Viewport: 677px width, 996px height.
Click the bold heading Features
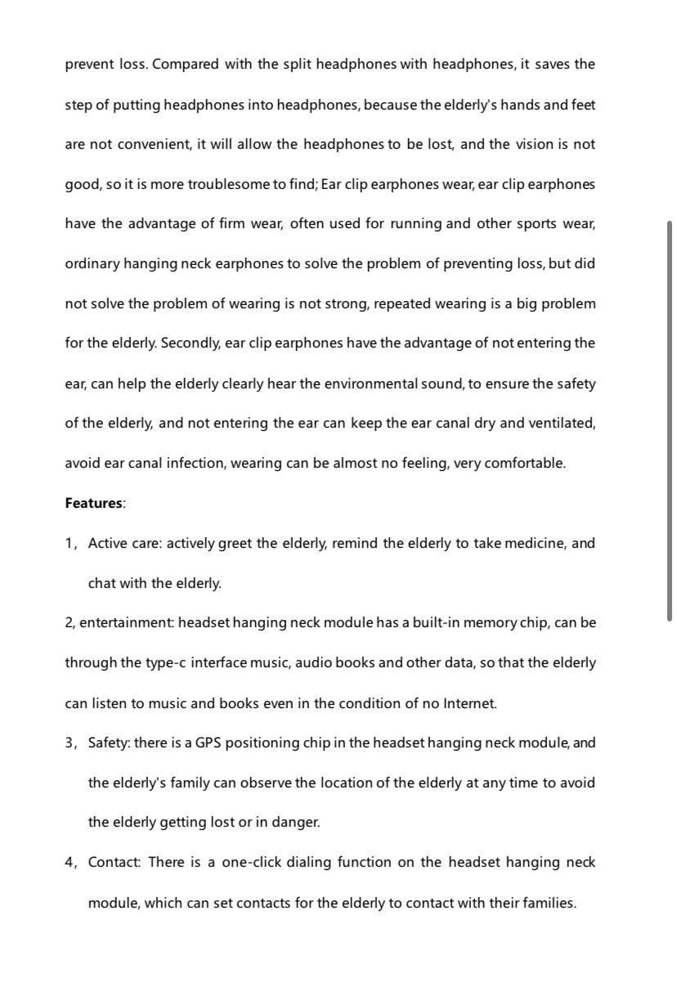click(93, 503)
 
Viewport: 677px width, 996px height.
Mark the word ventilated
click(562, 423)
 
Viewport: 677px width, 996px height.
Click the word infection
click(196, 463)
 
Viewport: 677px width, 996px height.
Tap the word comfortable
click(524, 463)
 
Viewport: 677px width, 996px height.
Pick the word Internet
click(469, 702)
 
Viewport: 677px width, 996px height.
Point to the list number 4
click(69, 862)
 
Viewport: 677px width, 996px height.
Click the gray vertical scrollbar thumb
click(670, 420)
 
